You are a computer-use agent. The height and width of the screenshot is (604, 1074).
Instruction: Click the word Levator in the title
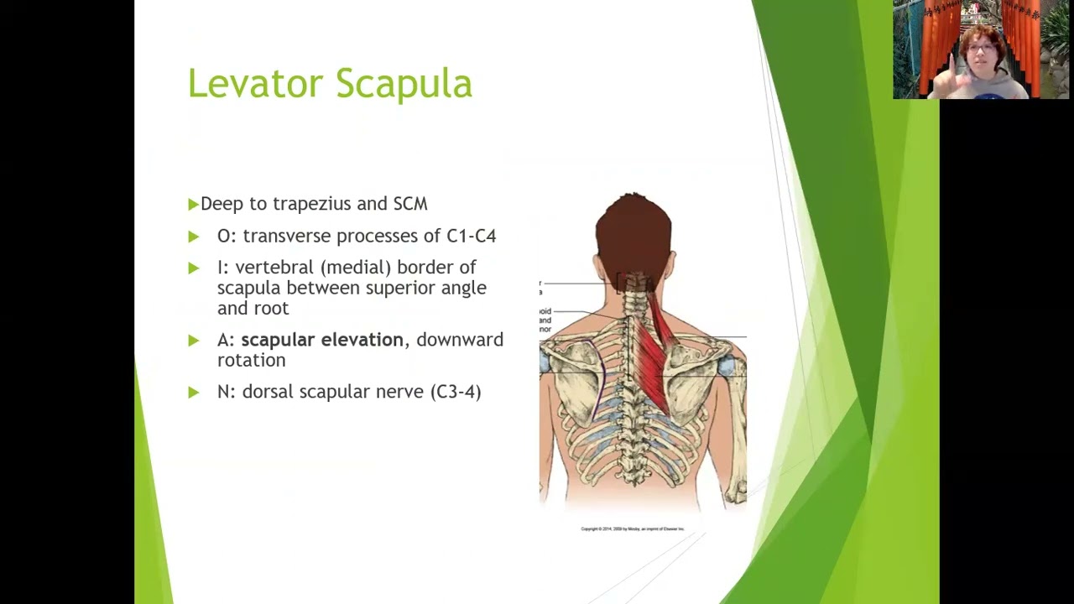tap(254, 84)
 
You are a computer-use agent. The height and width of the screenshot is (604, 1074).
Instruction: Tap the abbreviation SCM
tap(410, 204)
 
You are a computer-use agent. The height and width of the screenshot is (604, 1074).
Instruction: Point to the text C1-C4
tap(471, 236)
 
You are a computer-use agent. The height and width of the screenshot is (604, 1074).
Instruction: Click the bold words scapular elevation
tap(322, 340)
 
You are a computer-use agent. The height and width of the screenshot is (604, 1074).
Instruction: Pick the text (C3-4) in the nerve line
tap(455, 392)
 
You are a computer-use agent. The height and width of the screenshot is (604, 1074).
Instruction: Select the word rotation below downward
tap(251, 360)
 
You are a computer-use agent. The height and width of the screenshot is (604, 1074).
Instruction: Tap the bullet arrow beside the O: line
tap(194, 237)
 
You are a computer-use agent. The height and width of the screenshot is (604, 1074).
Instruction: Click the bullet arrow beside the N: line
tap(194, 392)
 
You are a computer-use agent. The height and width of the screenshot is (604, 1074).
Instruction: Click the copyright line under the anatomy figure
tap(633, 528)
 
